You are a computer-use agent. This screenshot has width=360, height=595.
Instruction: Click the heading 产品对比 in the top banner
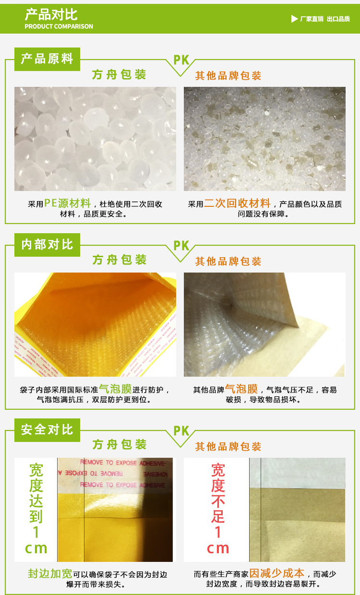point(51,14)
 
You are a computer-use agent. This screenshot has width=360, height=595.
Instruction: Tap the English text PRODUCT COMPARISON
point(59,26)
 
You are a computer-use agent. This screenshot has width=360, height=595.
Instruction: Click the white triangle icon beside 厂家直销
point(294,19)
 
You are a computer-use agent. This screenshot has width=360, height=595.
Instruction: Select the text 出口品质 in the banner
point(338,19)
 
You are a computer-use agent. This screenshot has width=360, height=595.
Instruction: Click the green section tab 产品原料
point(47,59)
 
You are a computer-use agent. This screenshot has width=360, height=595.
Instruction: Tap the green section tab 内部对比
point(47,244)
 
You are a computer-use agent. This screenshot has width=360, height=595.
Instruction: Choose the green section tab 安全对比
point(47,429)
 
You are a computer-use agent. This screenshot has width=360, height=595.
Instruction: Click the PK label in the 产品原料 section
point(181,60)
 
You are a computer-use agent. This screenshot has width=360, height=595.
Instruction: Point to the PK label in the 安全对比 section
point(181,431)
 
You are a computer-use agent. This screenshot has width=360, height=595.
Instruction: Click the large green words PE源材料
point(67,203)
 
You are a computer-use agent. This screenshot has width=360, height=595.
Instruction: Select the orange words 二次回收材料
point(237,203)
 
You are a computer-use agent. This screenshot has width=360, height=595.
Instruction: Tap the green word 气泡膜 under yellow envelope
point(115,389)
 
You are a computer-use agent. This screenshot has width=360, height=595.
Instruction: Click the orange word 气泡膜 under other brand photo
point(241,389)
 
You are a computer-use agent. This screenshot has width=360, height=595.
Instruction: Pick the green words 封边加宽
point(50,573)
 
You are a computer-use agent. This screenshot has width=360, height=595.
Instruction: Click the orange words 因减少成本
point(276,573)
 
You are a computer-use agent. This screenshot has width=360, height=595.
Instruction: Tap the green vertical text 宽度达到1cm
point(36,509)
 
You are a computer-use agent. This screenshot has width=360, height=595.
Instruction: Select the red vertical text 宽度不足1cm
point(217,509)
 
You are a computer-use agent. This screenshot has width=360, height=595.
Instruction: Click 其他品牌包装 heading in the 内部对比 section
point(228,262)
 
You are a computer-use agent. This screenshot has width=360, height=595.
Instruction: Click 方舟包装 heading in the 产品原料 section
point(119,75)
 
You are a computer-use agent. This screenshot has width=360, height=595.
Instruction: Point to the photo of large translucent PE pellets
point(95,139)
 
